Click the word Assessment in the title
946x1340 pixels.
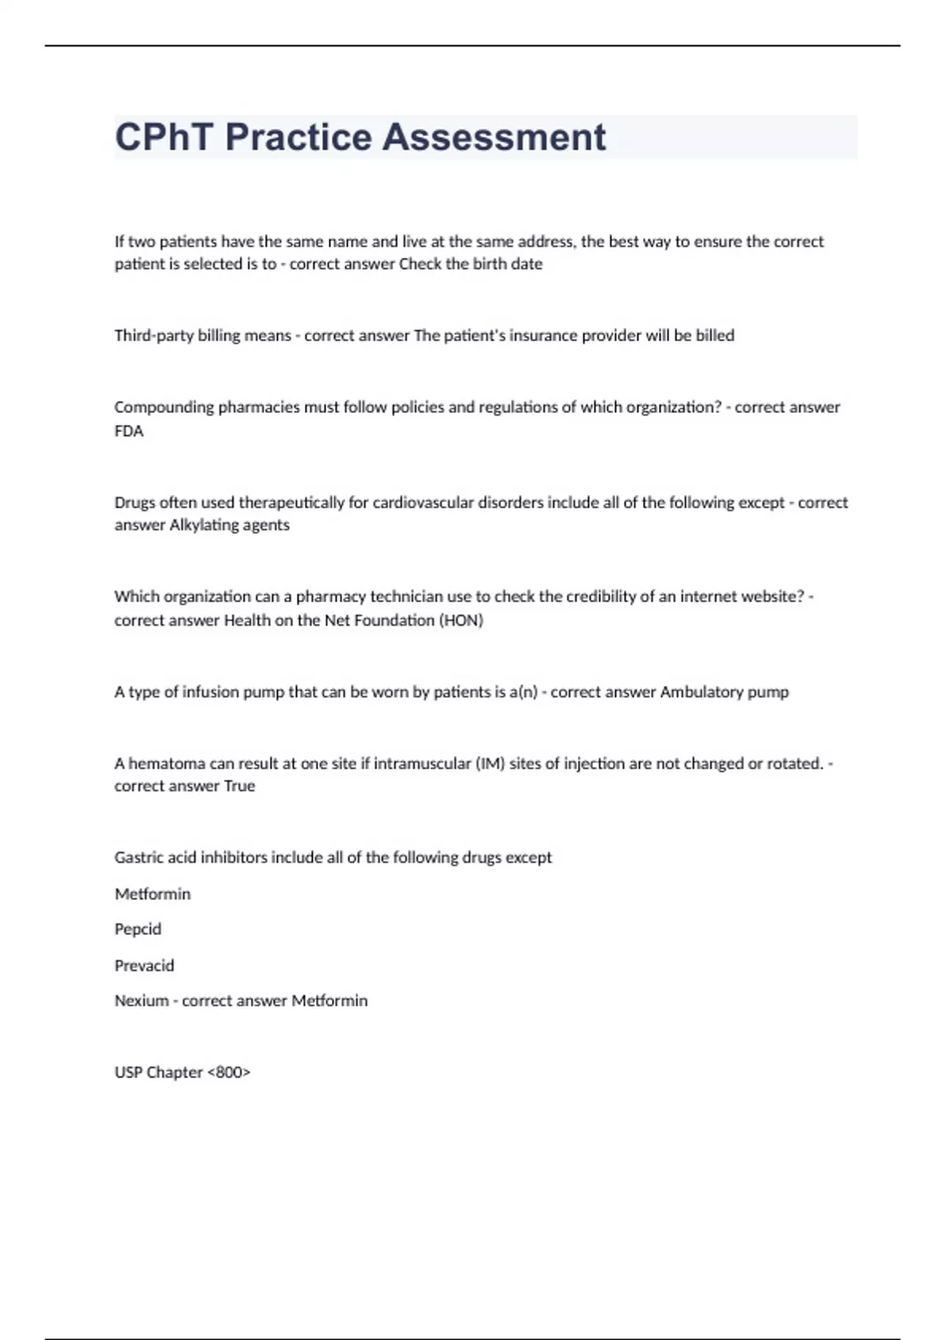[494, 137]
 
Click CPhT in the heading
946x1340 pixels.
[164, 137]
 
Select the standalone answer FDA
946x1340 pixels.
[128, 431]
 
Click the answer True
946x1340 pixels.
[240, 786]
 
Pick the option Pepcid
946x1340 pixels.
[138, 929]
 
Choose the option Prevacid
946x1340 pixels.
[144, 966]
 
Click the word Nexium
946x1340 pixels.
[142, 1001]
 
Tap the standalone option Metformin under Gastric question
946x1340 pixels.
[153, 894]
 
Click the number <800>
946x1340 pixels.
[229, 1073]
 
